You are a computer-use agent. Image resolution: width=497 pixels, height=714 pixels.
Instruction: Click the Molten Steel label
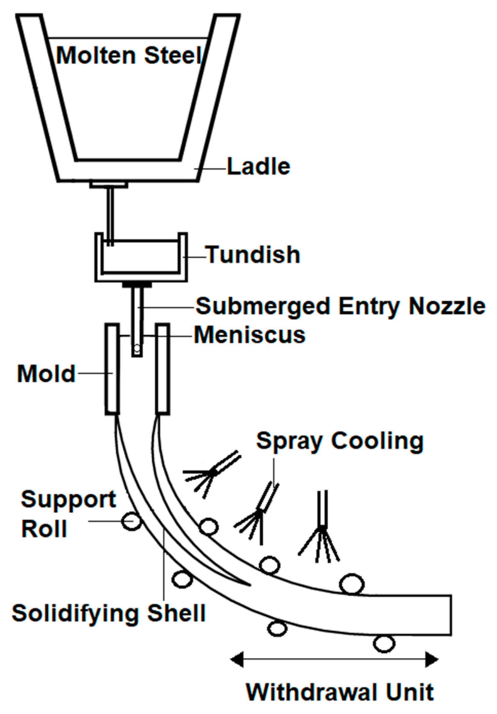[x=130, y=55]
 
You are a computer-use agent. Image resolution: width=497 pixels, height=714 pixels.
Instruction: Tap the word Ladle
[x=258, y=167]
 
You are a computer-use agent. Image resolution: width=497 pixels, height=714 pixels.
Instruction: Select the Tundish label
[x=253, y=255]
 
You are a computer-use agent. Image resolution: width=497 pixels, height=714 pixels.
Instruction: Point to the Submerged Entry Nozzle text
[x=340, y=306]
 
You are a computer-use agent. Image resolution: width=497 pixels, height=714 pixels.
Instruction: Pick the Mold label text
[x=46, y=373]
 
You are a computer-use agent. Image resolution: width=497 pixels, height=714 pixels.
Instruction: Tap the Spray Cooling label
[x=340, y=441]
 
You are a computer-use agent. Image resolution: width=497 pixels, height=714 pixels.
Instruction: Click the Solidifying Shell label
[x=109, y=613]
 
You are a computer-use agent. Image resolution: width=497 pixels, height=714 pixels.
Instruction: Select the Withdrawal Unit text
[x=340, y=692]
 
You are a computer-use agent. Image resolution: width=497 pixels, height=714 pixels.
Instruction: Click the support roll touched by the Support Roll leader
[x=131, y=521]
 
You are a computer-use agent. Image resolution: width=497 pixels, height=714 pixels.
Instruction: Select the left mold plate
[x=112, y=369]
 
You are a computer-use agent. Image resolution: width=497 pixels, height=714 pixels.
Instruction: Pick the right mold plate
[x=162, y=369]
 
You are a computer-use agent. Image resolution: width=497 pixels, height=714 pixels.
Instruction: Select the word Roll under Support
[x=44, y=529]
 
